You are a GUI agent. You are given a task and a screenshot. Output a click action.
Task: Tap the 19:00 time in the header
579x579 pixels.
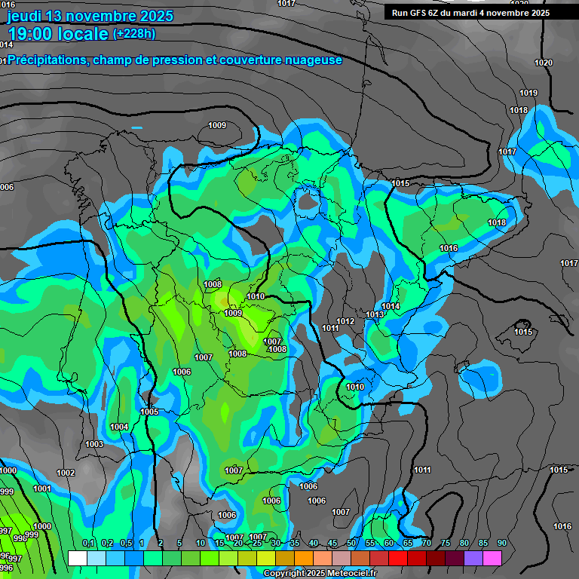(x=34, y=33)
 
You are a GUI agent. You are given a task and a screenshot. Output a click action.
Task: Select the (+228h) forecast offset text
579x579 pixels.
(x=133, y=33)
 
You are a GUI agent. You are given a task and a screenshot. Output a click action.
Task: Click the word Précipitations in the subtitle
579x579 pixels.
(x=47, y=60)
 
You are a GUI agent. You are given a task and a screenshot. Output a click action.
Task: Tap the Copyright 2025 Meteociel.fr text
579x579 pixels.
(x=320, y=574)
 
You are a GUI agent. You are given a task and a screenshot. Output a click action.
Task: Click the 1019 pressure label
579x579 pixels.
(x=528, y=93)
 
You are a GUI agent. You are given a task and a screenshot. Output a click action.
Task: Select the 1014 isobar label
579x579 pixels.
(x=391, y=306)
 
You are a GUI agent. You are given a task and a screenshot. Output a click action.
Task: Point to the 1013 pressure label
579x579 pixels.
(x=375, y=314)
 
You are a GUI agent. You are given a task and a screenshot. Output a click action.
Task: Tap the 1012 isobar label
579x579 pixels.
(x=345, y=321)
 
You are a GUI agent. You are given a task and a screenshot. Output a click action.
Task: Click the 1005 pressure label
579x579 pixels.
(x=149, y=412)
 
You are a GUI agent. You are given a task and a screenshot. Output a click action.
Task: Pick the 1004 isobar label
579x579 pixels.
(x=119, y=427)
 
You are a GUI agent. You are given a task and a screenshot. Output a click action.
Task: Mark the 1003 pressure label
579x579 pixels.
(x=94, y=444)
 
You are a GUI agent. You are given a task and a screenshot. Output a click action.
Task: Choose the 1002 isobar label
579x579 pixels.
(x=66, y=473)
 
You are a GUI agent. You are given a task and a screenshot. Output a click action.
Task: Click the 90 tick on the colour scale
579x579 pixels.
(x=501, y=544)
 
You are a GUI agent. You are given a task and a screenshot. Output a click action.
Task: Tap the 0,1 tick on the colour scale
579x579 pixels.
(x=87, y=544)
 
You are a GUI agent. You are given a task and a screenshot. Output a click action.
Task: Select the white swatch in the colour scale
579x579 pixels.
(x=77, y=558)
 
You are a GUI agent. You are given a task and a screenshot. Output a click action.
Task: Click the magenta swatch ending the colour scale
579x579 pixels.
(x=492, y=558)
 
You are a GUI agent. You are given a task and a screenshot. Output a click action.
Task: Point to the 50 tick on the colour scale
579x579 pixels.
(x=351, y=544)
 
